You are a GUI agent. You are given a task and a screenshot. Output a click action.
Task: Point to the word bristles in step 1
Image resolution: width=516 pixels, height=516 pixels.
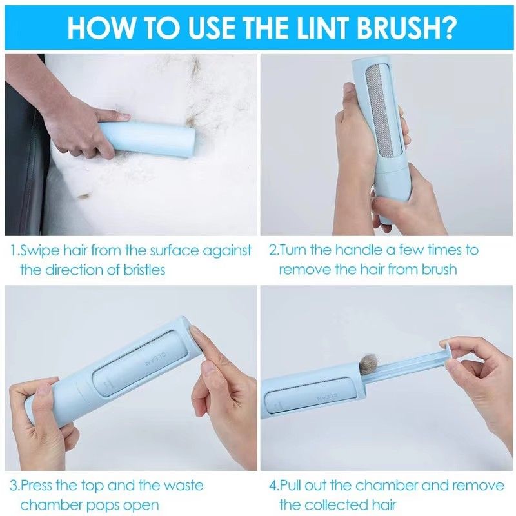point(144,270)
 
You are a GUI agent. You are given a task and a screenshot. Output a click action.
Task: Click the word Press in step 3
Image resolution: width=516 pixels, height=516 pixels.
point(36,486)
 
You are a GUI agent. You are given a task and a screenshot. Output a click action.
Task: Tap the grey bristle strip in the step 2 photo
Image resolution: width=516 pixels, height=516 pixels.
point(379,111)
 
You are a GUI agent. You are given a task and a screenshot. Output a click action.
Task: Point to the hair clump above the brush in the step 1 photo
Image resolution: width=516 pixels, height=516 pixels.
point(194,68)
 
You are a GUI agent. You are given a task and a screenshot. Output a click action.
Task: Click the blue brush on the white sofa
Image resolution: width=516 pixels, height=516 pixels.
point(147,139)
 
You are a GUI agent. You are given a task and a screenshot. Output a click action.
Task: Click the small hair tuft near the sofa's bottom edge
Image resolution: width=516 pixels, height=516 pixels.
point(84,196)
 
